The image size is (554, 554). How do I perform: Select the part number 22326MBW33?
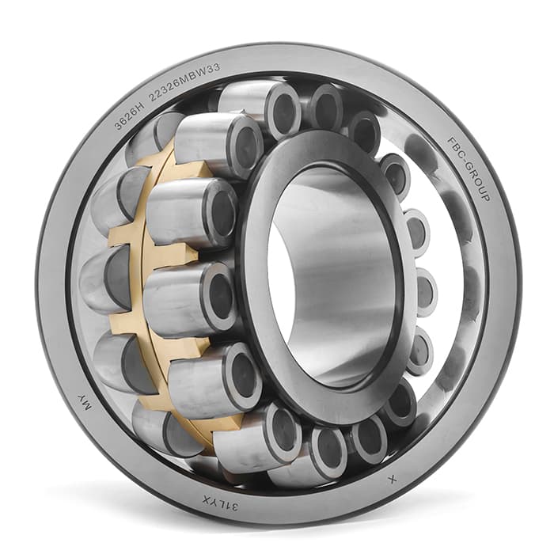coord(184,82)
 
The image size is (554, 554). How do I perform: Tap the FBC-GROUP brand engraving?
coord(469,169)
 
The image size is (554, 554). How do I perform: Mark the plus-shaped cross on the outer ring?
coord(393,480)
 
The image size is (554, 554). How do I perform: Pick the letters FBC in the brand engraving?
coord(455,146)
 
